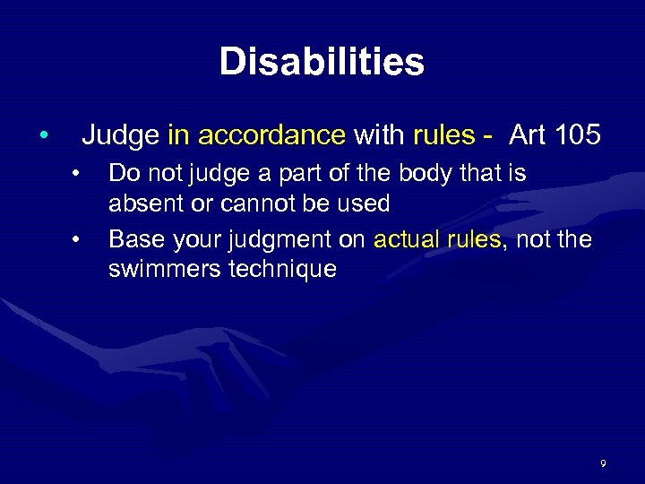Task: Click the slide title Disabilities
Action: coord(322,62)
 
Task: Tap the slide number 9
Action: coord(603,463)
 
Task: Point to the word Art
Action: coord(528,136)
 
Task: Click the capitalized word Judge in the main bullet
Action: coord(121,136)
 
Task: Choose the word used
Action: coord(364,203)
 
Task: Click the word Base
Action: coord(133,238)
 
